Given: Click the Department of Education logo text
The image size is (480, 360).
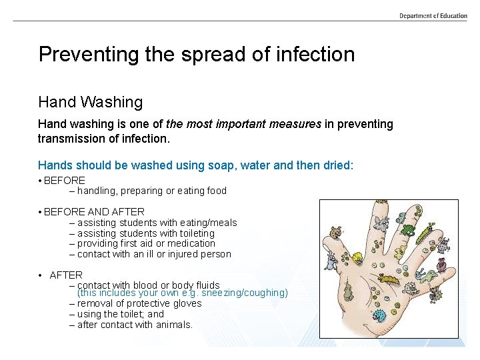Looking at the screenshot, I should coord(433,16).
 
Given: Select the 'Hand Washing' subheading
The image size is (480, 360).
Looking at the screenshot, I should coord(91,102).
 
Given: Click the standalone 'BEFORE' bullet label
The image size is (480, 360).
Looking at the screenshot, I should coord(65,180).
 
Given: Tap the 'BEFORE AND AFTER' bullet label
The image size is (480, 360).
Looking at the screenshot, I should coord(94,211).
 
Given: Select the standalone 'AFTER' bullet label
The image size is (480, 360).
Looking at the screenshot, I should coord(66,275).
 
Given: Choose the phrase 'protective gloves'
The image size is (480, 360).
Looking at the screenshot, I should coord(160,303).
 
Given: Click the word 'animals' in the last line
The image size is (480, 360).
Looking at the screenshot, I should coord(172,325).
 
